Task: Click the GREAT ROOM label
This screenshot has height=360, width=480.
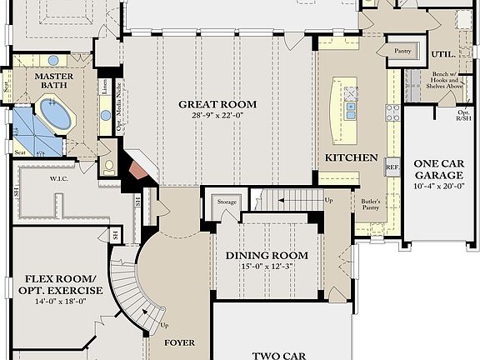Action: point(217,104)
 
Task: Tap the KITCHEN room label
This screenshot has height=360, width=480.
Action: point(352,157)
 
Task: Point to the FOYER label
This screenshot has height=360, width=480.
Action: point(179,342)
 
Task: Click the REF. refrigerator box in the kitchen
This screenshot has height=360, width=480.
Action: point(392,167)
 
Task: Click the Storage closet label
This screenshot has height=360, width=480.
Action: point(227,202)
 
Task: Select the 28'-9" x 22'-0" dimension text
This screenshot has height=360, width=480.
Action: point(217,116)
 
